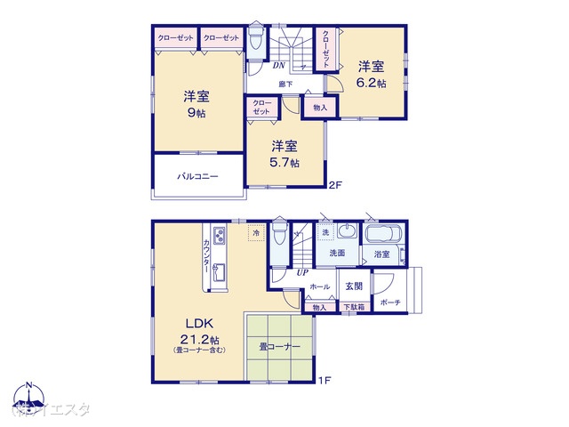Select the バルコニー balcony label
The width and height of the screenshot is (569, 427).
(197, 178)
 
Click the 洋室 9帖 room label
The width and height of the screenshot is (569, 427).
(196, 105)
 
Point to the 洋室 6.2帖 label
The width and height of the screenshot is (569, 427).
(372, 74)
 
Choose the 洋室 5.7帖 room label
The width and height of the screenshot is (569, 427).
(285, 154)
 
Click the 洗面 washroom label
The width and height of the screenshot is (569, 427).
(337, 254)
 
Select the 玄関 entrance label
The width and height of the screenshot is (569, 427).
(354, 286)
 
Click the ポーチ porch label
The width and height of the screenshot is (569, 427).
(389, 302)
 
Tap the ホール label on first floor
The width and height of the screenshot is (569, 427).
(320, 286)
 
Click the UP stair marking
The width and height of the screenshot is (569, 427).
(302, 272)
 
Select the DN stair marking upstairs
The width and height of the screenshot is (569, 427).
(278, 65)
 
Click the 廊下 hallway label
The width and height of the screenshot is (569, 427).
(286, 85)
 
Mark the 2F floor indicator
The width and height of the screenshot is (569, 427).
(335, 186)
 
